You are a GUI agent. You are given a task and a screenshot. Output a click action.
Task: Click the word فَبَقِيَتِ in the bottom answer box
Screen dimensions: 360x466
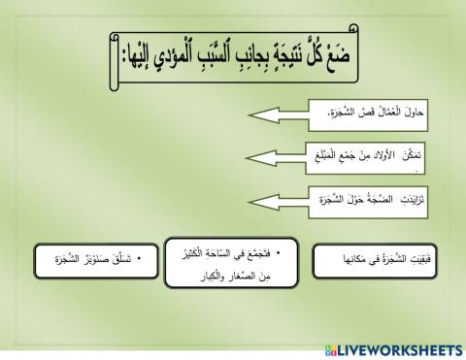coord(415,261)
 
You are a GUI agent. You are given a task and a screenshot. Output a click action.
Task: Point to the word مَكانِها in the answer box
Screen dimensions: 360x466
coord(341,261)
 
